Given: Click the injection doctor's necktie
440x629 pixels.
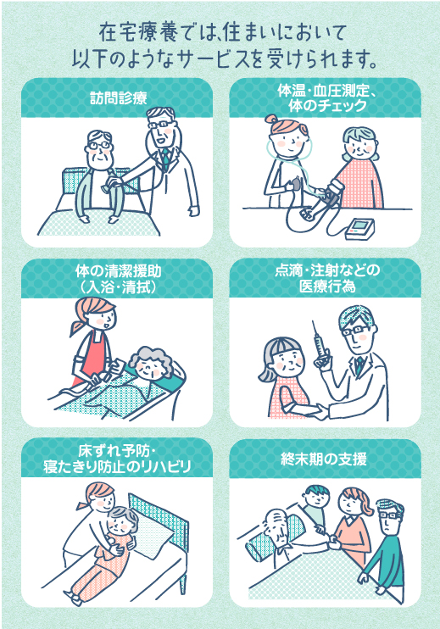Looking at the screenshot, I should (x=359, y=365).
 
